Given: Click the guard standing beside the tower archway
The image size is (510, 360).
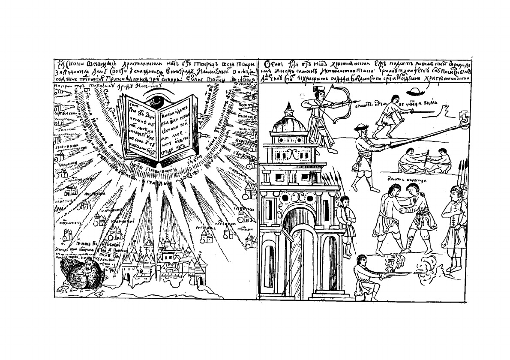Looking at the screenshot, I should (344, 219).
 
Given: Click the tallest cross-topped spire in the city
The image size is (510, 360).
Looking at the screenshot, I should (166, 238).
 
